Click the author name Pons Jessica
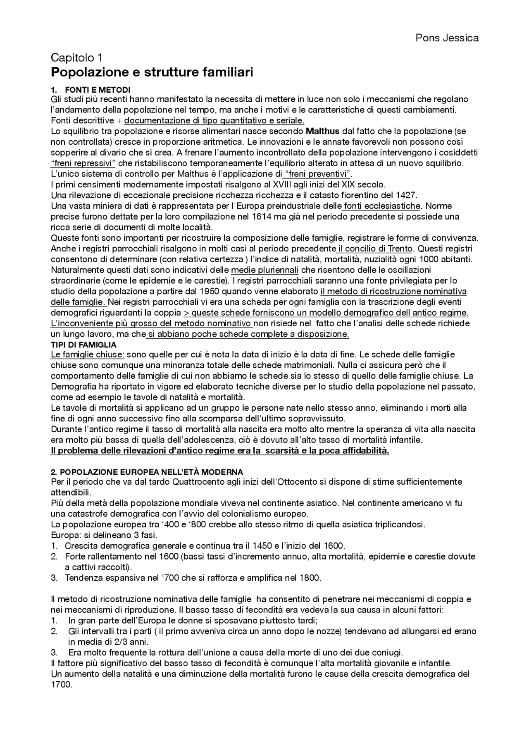(x=447, y=38)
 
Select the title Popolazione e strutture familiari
(x=152, y=72)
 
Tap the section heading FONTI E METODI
(x=98, y=90)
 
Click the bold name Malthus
(x=322, y=131)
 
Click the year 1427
(x=406, y=195)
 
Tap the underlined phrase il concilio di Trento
(x=375, y=249)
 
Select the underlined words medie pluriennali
(x=264, y=270)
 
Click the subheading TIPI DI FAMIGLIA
(x=83, y=345)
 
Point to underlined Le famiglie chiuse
(x=87, y=355)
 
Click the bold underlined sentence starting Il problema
(x=219, y=451)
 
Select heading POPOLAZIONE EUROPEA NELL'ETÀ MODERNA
(x=147, y=472)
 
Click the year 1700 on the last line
(x=61, y=684)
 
